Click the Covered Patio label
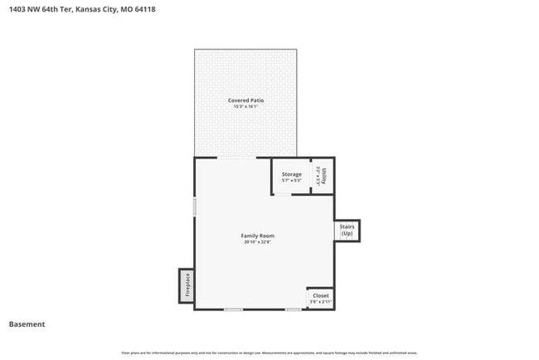pos(245,100)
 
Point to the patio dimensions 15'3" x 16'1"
pos(245,107)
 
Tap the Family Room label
pos(258,236)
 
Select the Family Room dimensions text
pos(258,242)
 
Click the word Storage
pos(291,174)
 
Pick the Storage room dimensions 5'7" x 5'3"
pos(291,180)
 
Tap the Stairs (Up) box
pos(347,230)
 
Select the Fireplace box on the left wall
pos(187,285)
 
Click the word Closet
pos(321,295)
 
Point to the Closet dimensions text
pos(321,301)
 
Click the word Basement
pos(27,324)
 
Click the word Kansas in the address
pos(87,10)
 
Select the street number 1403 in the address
pos(17,10)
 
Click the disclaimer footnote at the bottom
pos(269,353)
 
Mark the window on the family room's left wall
pos(195,207)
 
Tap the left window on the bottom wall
pos(233,309)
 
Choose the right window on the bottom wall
pos(294,309)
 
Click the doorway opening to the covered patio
pos(240,158)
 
